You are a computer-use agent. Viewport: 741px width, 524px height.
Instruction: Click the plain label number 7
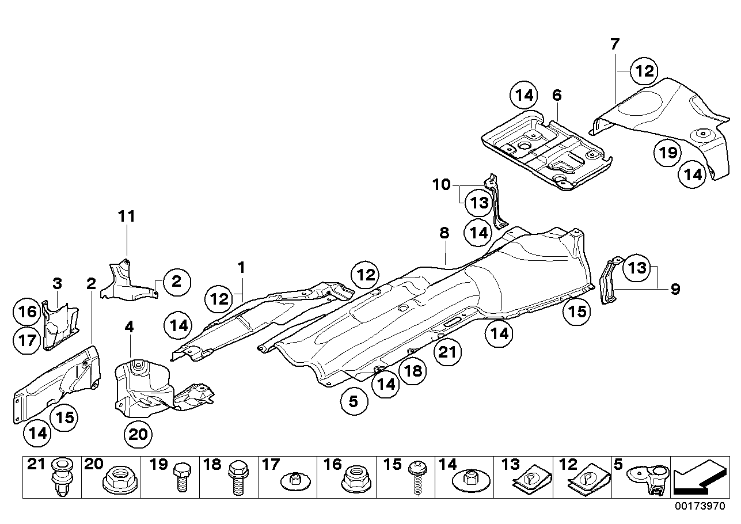point(614,44)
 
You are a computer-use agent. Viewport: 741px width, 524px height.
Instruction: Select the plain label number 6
point(556,96)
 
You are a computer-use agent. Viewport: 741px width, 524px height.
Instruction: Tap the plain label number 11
point(127,217)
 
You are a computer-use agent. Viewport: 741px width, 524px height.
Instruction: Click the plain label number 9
point(675,288)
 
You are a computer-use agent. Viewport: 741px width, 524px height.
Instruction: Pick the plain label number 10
point(442,185)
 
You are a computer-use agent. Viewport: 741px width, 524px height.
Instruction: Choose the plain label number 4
point(129,327)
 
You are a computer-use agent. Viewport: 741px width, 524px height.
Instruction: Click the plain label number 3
point(57,283)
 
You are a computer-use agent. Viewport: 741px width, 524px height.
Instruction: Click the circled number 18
point(415,371)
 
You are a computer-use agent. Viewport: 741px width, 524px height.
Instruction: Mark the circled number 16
point(26,312)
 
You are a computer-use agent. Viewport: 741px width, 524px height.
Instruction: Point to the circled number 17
point(26,340)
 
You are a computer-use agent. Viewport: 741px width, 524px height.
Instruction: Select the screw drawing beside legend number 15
point(418,483)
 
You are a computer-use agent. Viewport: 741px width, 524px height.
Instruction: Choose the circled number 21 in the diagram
point(449,352)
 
